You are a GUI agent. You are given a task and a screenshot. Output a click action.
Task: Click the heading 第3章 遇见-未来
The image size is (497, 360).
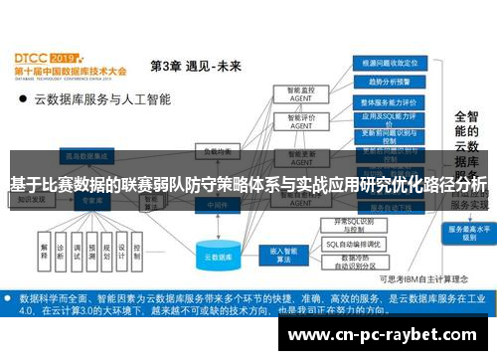195,66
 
